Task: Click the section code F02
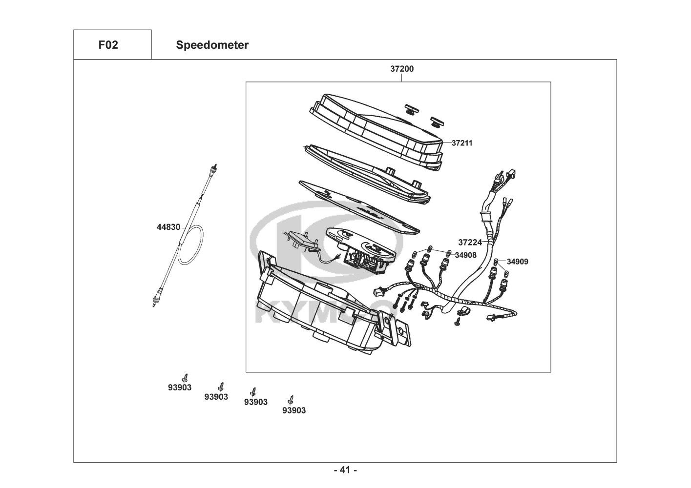tap(108, 45)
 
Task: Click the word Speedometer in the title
tap(212, 45)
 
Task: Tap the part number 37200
tap(402, 69)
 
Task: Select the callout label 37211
tap(462, 143)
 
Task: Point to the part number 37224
tap(470, 243)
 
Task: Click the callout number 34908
tap(465, 255)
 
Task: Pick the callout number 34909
tap(517, 262)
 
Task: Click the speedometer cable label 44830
tap(168, 227)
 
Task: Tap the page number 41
tap(345, 470)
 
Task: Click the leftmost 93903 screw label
tap(180, 387)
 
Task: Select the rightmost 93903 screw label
tap(294, 410)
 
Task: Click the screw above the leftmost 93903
tap(185, 378)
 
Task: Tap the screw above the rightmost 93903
tap(290, 400)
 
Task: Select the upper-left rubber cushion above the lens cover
tap(412, 109)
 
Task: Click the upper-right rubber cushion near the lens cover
tap(438, 122)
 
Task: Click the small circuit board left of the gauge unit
tap(301, 240)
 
